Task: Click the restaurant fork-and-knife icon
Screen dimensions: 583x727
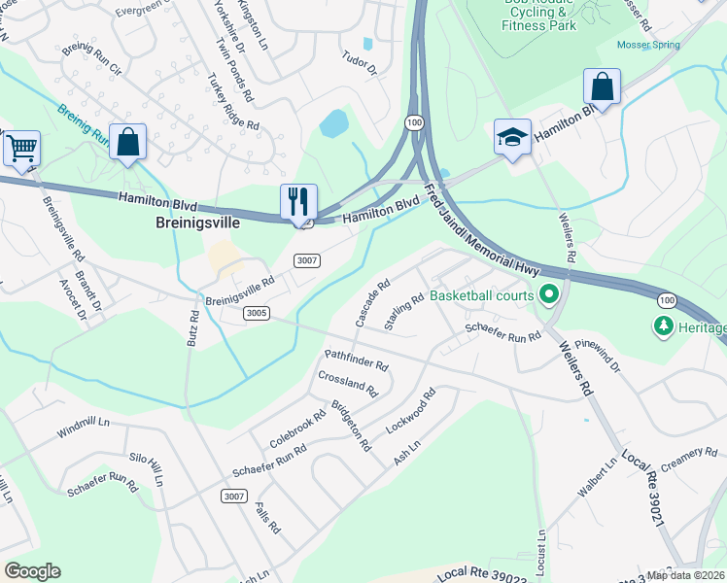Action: click(x=298, y=201)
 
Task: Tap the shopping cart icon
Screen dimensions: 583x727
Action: click(x=20, y=148)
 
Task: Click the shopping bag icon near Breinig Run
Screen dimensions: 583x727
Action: click(x=127, y=142)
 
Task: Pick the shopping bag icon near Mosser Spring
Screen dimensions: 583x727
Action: click(x=602, y=86)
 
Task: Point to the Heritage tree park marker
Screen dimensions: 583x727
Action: click(x=665, y=327)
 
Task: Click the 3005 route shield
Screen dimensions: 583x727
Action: click(x=257, y=313)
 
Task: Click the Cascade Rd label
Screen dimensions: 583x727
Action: click(x=372, y=303)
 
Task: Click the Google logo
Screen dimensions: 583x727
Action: click(x=32, y=570)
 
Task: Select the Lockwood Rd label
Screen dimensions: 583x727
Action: click(x=410, y=414)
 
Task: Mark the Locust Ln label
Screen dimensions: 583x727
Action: click(x=540, y=550)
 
